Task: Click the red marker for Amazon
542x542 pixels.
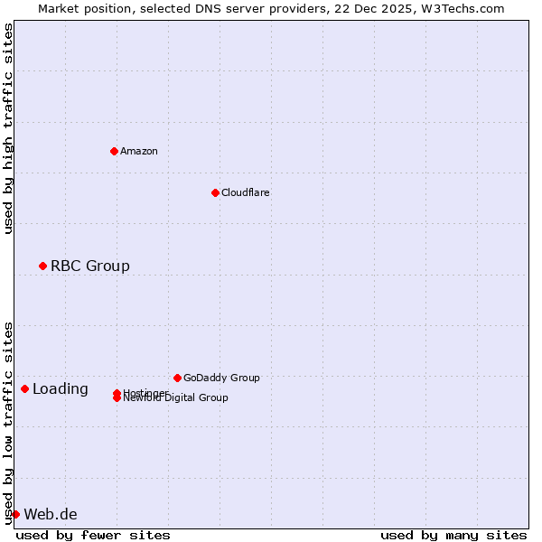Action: click(x=114, y=151)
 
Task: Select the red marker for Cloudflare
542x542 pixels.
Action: click(x=215, y=192)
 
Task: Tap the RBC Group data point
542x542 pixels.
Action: click(x=42, y=266)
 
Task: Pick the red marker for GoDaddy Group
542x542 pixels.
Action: click(x=177, y=378)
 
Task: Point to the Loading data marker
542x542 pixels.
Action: click(x=24, y=388)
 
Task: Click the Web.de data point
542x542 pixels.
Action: click(x=15, y=514)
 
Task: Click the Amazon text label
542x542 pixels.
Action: click(x=139, y=151)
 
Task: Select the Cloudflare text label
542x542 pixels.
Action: click(x=246, y=192)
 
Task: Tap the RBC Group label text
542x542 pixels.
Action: click(x=90, y=266)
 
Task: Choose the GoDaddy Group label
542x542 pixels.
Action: click(x=221, y=378)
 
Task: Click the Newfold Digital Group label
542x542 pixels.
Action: click(x=177, y=398)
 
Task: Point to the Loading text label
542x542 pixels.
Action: click(x=61, y=389)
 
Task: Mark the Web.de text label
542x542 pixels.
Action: click(x=51, y=515)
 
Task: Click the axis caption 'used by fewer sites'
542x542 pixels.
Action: click(x=93, y=535)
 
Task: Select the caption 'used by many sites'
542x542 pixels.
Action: click(x=453, y=535)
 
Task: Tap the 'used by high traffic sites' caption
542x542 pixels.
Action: click(x=8, y=128)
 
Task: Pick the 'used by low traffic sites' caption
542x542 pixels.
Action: click(x=8, y=423)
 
